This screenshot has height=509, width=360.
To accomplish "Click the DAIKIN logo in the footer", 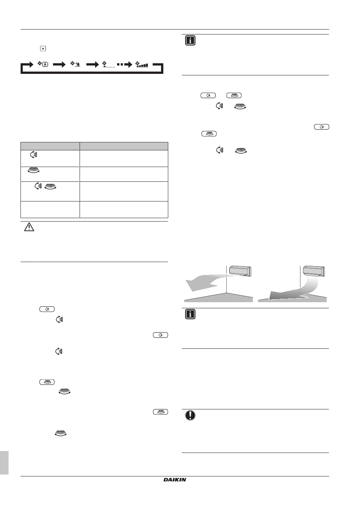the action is pos(175,479).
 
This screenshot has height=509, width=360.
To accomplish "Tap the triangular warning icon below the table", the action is pos(29,227).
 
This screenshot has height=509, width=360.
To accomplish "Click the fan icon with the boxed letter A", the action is pos(43,64).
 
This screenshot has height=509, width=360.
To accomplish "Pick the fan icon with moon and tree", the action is pos(75,64).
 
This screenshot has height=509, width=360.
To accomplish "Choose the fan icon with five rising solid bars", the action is pos(142,64).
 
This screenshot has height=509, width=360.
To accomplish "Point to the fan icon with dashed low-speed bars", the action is pos(109,64).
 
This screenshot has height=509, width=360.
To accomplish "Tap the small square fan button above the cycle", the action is pos(43,48).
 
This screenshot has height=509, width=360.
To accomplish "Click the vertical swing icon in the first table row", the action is pos(34,155).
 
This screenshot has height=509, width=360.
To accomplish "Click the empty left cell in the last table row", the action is pos(50,209).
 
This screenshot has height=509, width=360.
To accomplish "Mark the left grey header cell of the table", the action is pos(50,146).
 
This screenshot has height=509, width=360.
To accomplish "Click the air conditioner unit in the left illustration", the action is pos(240,271).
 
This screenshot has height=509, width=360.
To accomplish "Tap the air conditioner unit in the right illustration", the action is pos(314,271).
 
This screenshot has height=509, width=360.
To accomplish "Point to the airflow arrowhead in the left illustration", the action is pos(193,285).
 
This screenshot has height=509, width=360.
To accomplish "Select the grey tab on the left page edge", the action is pos(4,462).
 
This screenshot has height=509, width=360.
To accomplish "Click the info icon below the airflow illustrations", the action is pos(190,314).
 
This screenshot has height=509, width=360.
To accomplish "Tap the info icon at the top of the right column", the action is pos(190,41).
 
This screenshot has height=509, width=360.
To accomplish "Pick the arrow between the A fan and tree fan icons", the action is pos(59,64).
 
